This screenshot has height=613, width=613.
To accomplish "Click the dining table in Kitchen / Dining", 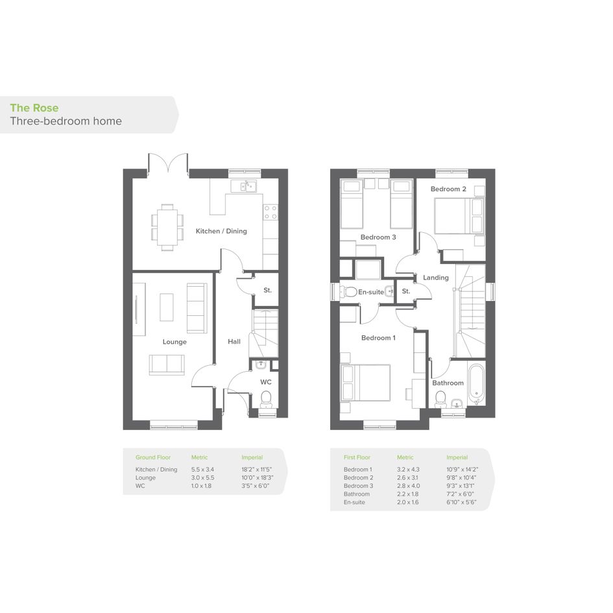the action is pyautogui.click(x=167, y=227).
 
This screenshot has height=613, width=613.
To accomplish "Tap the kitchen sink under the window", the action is pyautogui.click(x=243, y=186).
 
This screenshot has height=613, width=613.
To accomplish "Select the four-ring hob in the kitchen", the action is pyautogui.click(x=270, y=212).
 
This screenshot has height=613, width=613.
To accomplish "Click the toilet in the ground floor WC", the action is pyautogui.click(x=266, y=398).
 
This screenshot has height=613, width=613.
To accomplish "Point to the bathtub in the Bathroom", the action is pyautogui.click(x=476, y=384).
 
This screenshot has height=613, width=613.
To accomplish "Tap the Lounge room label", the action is pyautogui.click(x=174, y=342).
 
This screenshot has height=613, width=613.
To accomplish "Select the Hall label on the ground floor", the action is pyautogui.click(x=234, y=341).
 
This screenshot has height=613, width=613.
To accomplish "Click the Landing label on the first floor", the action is pyautogui.click(x=435, y=278).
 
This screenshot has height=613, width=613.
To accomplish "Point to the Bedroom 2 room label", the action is pyautogui.click(x=448, y=189).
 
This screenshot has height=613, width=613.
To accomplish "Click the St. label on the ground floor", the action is pyautogui.click(x=267, y=290).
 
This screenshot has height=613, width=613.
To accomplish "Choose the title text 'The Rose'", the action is pyautogui.click(x=34, y=108).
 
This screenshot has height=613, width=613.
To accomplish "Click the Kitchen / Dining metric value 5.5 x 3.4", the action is pyautogui.click(x=202, y=469).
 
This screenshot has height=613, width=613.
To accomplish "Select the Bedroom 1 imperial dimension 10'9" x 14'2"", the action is pyautogui.click(x=462, y=469).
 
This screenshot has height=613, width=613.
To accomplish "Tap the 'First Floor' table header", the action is pyautogui.click(x=357, y=457).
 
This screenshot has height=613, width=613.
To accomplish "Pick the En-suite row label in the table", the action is pyautogui.click(x=354, y=502).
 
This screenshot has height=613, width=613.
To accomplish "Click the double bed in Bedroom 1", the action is pyautogui.click(x=366, y=383).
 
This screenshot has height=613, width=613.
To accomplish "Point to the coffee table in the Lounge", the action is pyautogui.click(x=167, y=307).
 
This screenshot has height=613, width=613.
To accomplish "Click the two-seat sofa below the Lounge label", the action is pyautogui.click(x=167, y=365).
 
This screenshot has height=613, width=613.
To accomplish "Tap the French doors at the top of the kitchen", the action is pyautogui.click(x=168, y=163).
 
